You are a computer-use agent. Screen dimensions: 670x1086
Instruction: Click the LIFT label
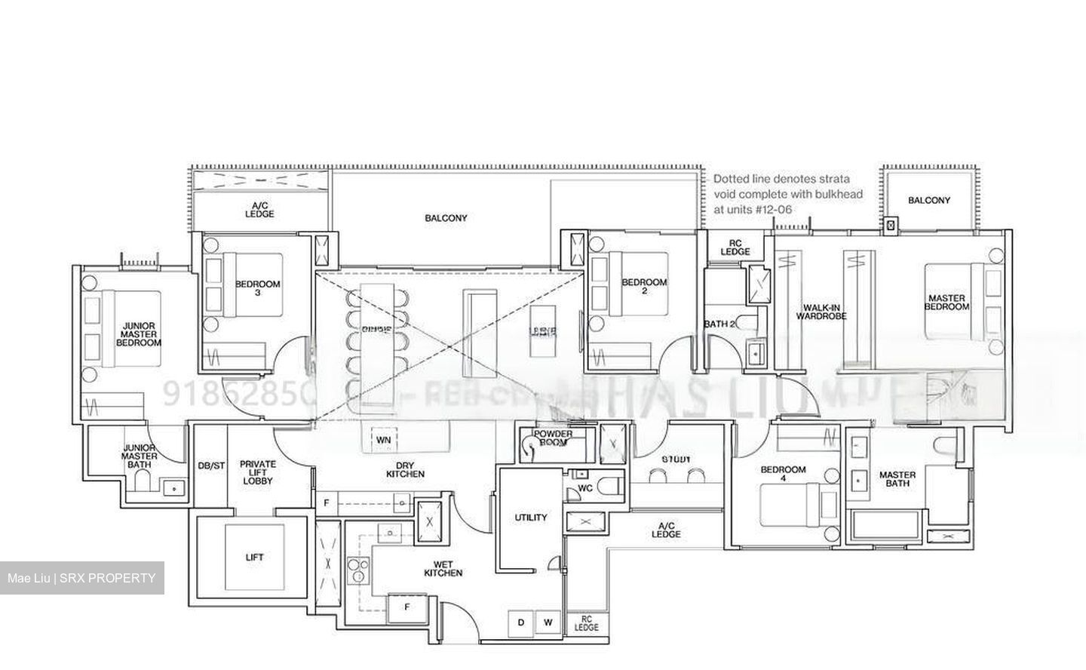pyautogui.click(x=255, y=558)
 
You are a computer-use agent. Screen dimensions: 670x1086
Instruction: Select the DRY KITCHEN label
pyautogui.click(x=405, y=469)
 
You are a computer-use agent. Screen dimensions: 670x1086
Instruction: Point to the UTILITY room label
pyautogui.click(x=531, y=518)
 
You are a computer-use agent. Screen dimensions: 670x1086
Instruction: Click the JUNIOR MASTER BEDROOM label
pyautogui.click(x=139, y=334)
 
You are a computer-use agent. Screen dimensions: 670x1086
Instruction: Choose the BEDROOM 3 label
pyautogui.click(x=257, y=288)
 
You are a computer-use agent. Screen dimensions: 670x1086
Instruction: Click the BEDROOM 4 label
pyautogui.click(x=783, y=474)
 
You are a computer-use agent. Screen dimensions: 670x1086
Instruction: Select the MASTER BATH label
pyautogui.click(x=897, y=479)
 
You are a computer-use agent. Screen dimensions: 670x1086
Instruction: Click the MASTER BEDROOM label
pyautogui.click(x=946, y=303)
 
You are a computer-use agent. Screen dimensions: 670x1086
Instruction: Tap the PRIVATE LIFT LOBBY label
pyautogui.click(x=258, y=472)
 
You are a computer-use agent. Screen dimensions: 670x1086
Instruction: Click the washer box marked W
pyautogui.click(x=548, y=622)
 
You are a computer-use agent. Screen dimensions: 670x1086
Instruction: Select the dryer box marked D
pyautogui.click(x=520, y=622)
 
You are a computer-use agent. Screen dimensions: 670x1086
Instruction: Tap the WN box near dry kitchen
pyautogui.click(x=384, y=440)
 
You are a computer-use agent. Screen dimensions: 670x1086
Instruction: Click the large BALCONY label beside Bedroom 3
pyautogui.click(x=446, y=218)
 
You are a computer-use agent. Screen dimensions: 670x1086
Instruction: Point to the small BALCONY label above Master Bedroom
pyautogui.click(x=929, y=200)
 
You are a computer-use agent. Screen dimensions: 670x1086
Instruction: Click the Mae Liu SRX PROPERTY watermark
pyautogui.click(x=81, y=579)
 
